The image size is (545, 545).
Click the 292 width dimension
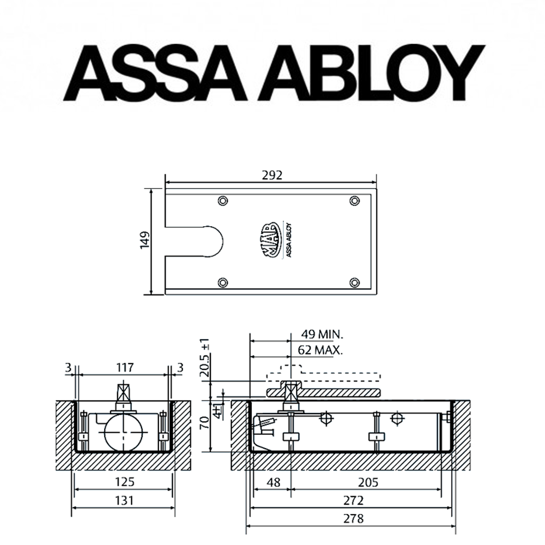272,175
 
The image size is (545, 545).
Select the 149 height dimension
144,240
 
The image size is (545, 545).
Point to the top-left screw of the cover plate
222,201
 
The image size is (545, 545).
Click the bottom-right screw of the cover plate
355,282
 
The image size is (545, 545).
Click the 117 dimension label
125,368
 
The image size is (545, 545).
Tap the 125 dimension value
125,482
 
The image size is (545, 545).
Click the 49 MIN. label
322,334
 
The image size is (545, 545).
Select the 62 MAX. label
321,350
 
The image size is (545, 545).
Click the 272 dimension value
353,500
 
